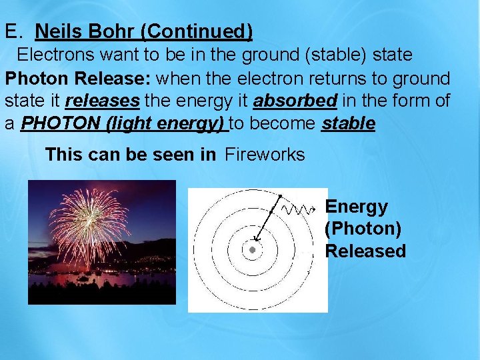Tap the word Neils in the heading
59,31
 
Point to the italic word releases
102,101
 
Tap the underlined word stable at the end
348,125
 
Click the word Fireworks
265,155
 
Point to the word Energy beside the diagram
356,207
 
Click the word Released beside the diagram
365,251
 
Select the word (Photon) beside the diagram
363,229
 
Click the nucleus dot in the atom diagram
253,250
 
